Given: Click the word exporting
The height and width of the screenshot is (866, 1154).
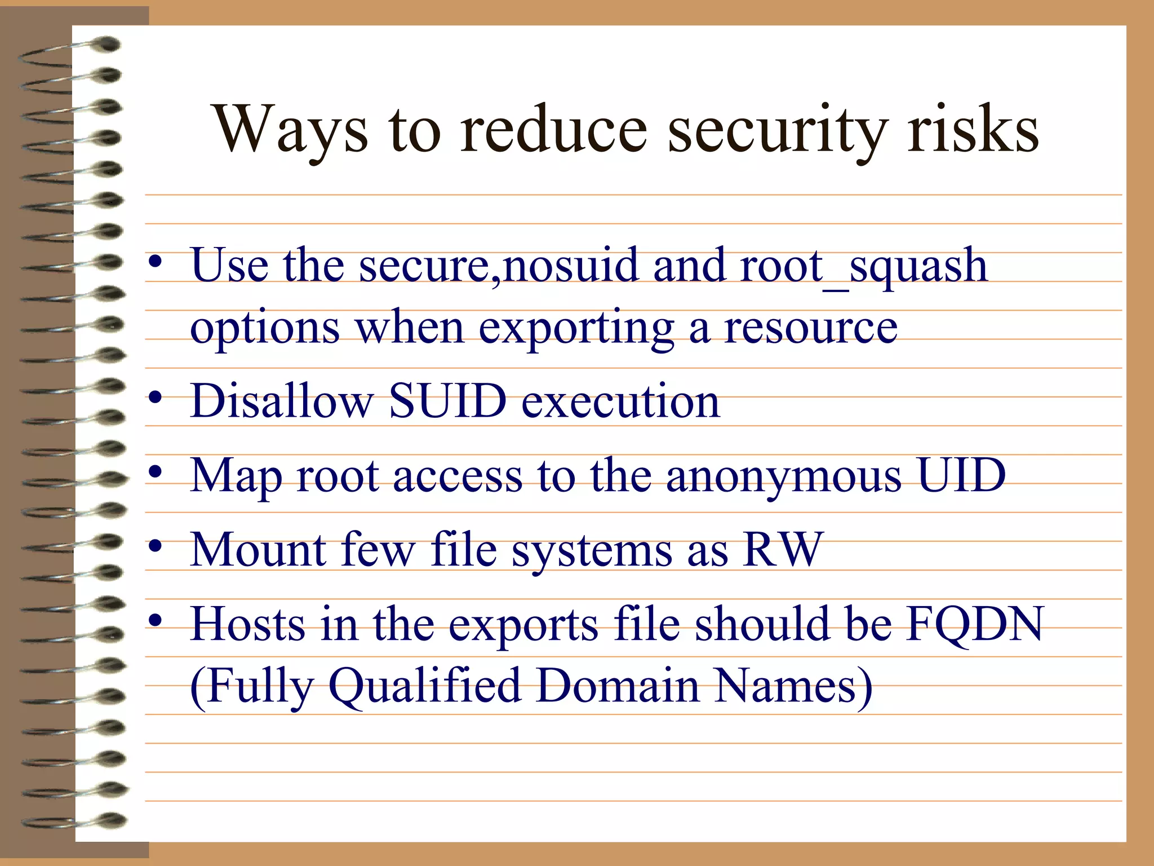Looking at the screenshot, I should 576,328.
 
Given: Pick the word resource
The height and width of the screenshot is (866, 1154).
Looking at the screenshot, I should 811,328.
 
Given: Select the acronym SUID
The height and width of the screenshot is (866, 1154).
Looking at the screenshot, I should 448,401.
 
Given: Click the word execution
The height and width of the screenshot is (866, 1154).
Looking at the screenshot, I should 620,401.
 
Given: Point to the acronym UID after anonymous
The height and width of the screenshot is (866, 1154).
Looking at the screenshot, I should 961,475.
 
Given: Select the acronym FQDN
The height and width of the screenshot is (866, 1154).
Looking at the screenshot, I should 975,624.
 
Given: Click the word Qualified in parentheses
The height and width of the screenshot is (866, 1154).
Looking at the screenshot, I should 424,686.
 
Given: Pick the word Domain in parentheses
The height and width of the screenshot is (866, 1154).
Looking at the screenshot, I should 618,686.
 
